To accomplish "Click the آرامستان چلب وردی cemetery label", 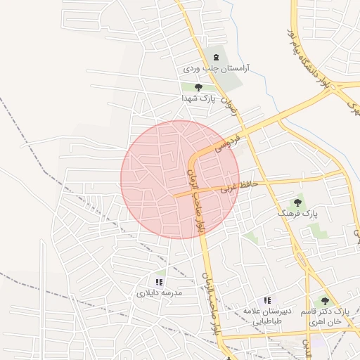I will coord(216,70).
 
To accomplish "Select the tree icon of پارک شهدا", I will coord(198,87).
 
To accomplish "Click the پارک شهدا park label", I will coord(198,99).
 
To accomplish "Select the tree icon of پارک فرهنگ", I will coord(297,202).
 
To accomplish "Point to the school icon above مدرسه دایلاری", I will coord(158,281).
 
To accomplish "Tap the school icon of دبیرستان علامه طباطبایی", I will coord(266,300).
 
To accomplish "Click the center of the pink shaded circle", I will coord(180,179).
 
